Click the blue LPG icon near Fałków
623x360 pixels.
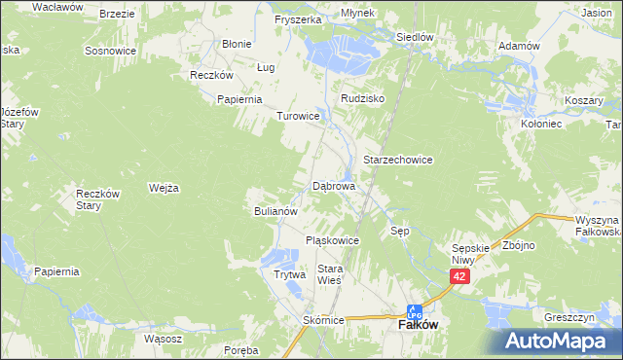414,312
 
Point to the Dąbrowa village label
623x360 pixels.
334,185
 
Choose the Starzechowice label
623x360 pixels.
397,159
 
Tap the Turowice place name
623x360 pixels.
299,116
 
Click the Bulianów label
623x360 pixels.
281,210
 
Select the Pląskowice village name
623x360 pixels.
333,240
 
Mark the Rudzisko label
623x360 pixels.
363,99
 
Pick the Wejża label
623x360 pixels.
164,188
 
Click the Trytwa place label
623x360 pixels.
289,275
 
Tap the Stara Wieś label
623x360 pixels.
331,274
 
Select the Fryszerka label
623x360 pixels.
298,19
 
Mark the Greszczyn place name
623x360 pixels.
569,317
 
